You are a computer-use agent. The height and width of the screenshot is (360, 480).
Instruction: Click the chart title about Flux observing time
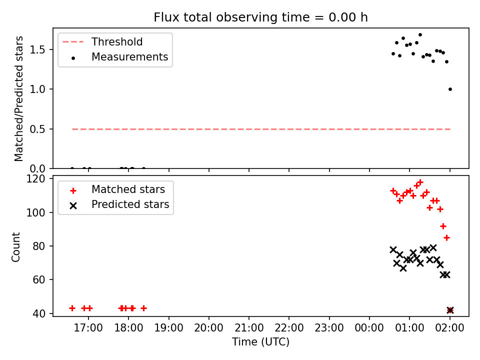point(260,17)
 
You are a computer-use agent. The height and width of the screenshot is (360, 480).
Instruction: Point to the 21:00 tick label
point(249,328)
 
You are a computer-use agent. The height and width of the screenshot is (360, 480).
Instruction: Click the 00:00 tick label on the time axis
point(369,328)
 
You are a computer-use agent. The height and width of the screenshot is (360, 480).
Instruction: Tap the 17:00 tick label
point(88,328)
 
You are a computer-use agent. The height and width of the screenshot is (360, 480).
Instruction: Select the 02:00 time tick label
point(449,328)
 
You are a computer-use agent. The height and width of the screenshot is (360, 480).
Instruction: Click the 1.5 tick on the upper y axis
point(37,49)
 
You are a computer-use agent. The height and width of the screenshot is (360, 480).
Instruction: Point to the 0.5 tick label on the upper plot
point(37,129)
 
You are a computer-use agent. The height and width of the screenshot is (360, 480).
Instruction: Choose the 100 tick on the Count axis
point(36,212)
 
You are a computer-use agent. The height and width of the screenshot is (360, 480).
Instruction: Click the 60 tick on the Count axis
point(39,280)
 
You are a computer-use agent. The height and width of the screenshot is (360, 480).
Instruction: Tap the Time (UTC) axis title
point(260,342)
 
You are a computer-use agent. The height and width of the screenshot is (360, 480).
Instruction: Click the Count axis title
point(15,246)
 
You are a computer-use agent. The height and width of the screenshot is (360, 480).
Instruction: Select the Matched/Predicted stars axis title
point(18,98)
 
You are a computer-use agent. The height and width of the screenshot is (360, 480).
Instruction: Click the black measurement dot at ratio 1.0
point(450,89)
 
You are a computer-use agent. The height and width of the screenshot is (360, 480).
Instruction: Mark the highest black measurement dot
point(420,35)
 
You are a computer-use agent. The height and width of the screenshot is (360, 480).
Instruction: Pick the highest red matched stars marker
point(420,182)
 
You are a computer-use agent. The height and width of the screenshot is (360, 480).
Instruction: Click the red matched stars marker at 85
point(446,238)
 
